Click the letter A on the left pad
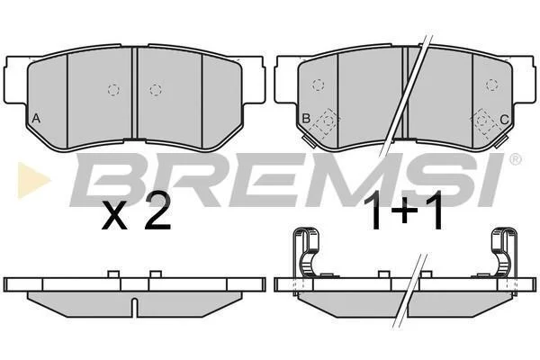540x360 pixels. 36,119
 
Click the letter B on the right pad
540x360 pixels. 306,119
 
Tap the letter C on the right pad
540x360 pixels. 504,120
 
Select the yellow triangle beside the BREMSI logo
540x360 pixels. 33,180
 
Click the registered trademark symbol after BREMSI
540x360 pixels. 516,158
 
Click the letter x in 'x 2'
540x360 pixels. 114,216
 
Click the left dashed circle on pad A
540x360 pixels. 113,90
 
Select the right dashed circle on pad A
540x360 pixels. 156,90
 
